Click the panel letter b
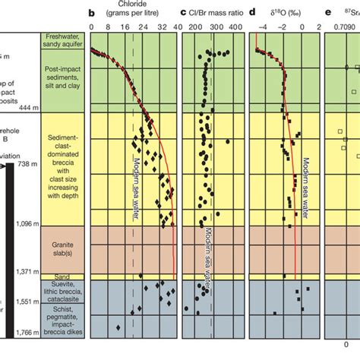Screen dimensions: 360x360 click(91, 13)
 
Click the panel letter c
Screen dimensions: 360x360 click(184, 13)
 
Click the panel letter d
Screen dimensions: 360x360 click(251, 13)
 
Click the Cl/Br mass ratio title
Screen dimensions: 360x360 click(221, 13)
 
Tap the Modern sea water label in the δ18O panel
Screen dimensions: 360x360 click(307, 182)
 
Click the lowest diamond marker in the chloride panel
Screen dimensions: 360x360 click(118, 327)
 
